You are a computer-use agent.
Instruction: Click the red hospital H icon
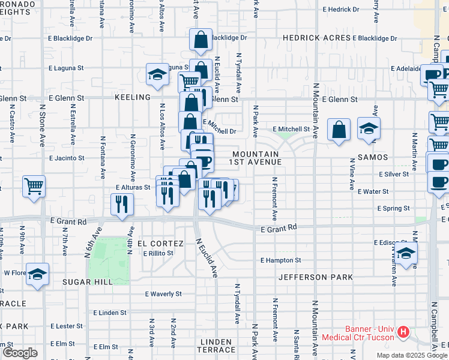403,331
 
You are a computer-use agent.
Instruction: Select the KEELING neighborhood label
133,97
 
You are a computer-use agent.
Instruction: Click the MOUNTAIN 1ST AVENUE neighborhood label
257,158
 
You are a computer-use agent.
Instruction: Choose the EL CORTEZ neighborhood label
160,244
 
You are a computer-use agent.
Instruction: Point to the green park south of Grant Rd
109,260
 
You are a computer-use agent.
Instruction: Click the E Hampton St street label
280,260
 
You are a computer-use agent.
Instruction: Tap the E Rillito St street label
158,253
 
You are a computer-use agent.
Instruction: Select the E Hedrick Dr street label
340,10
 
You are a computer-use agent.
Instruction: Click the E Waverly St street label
164,294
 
